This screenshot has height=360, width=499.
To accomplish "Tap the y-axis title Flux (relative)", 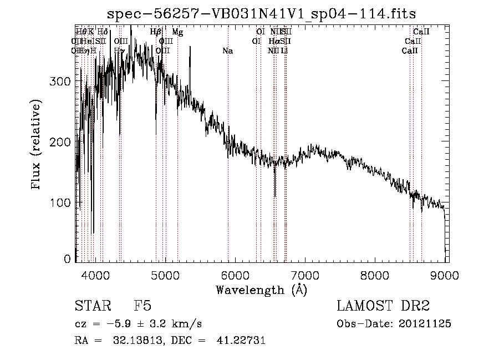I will pyautogui.click(x=37, y=145).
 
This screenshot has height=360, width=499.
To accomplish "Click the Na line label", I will pyautogui.click(x=227, y=51).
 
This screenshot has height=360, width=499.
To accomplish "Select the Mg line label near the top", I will pyautogui.click(x=177, y=32).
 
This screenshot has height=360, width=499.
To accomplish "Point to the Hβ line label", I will pyautogui.click(x=156, y=32).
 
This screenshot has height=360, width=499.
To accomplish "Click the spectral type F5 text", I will pyautogui.click(x=142, y=307).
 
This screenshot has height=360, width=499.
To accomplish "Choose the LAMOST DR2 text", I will pyautogui.click(x=383, y=307).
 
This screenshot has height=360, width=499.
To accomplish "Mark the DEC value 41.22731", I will pyautogui.click(x=241, y=341).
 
